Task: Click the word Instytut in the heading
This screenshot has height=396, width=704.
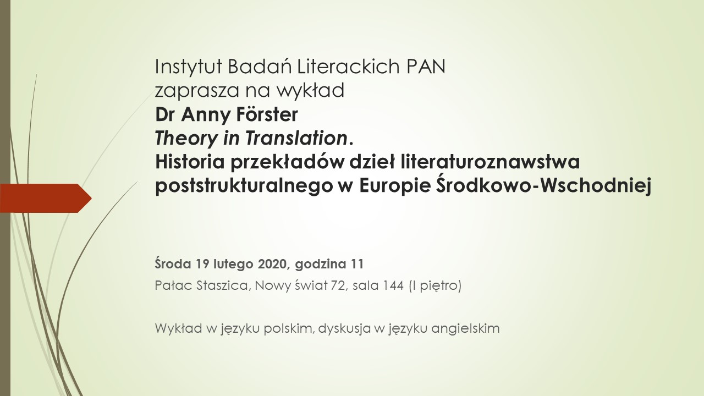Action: click(x=189, y=67)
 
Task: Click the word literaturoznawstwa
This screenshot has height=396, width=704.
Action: click(x=490, y=162)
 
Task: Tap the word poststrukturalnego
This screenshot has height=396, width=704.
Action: click(x=244, y=186)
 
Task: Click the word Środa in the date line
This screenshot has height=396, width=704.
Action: click(x=173, y=263)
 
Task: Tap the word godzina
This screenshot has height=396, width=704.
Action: click(x=321, y=265)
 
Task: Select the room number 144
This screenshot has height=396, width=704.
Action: click(x=393, y=285)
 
